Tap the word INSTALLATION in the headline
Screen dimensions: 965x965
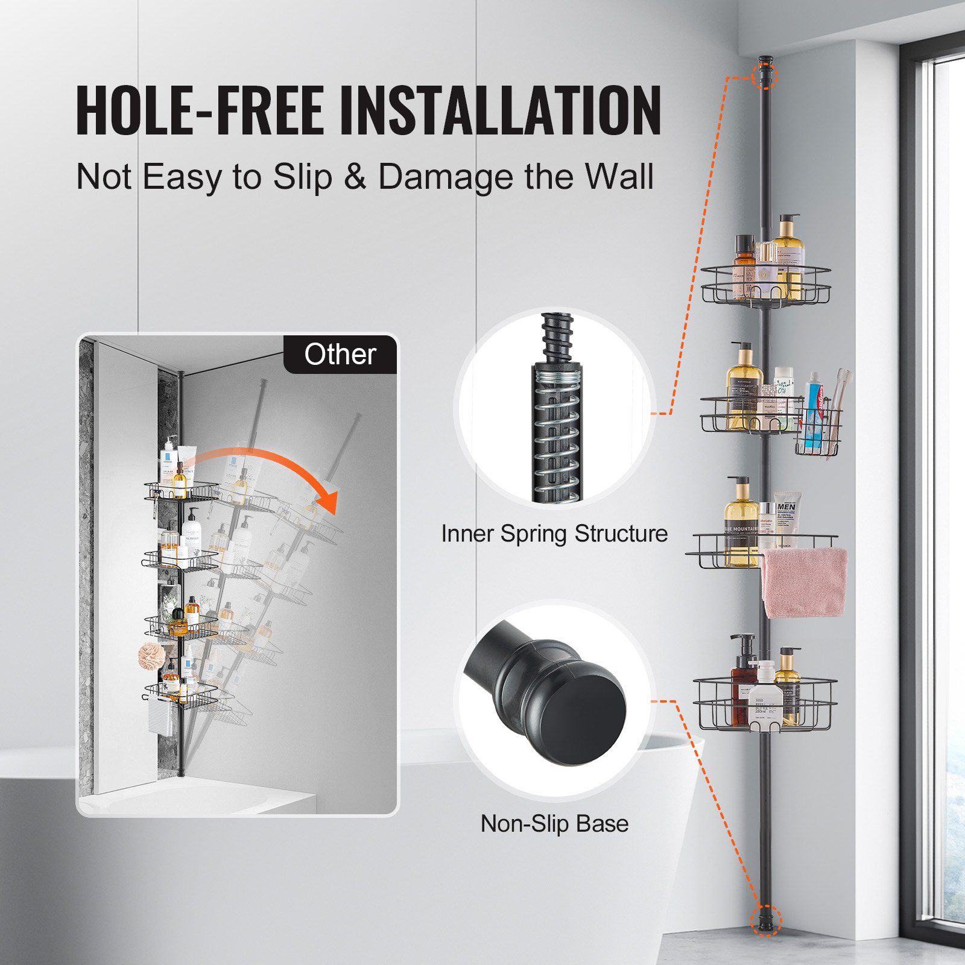(501, 110)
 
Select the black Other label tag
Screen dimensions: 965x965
(340, 355)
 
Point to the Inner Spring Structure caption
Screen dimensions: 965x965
(554, 534)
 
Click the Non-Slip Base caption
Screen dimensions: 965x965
(554, 824)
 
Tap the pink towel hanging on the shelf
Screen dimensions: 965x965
(803, 583)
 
